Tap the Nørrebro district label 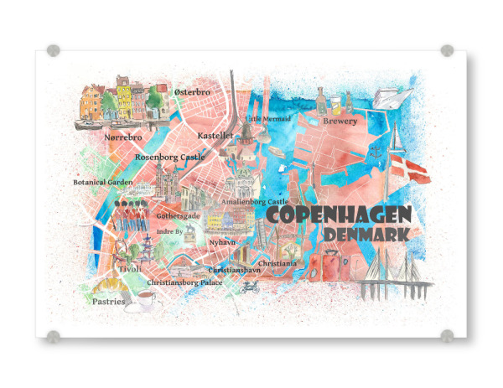[x=122, y=136]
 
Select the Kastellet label [x=215, y=135]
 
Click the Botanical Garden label [x=103, y=182]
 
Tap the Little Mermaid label [x=268, y=119]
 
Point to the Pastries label [x=109, y=302]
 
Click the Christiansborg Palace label [x=184, y=283]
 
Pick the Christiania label [x=277, y=263]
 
